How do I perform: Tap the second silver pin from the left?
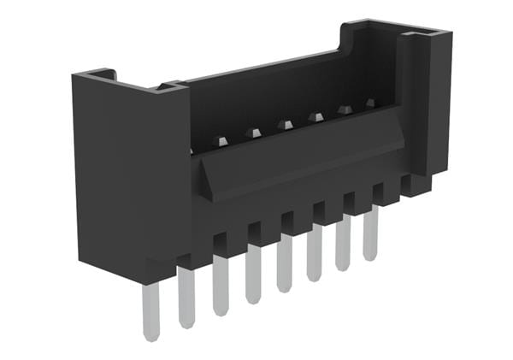186,296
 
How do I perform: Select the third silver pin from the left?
221,285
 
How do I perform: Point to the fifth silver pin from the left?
284,263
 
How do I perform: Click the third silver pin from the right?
315,251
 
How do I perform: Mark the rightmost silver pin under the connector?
370,233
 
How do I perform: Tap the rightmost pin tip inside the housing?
370,103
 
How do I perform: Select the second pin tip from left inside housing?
253,133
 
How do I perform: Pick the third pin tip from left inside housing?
285,125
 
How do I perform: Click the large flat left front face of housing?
128,171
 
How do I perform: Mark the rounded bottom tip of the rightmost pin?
370,257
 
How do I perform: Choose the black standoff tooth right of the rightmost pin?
387,195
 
